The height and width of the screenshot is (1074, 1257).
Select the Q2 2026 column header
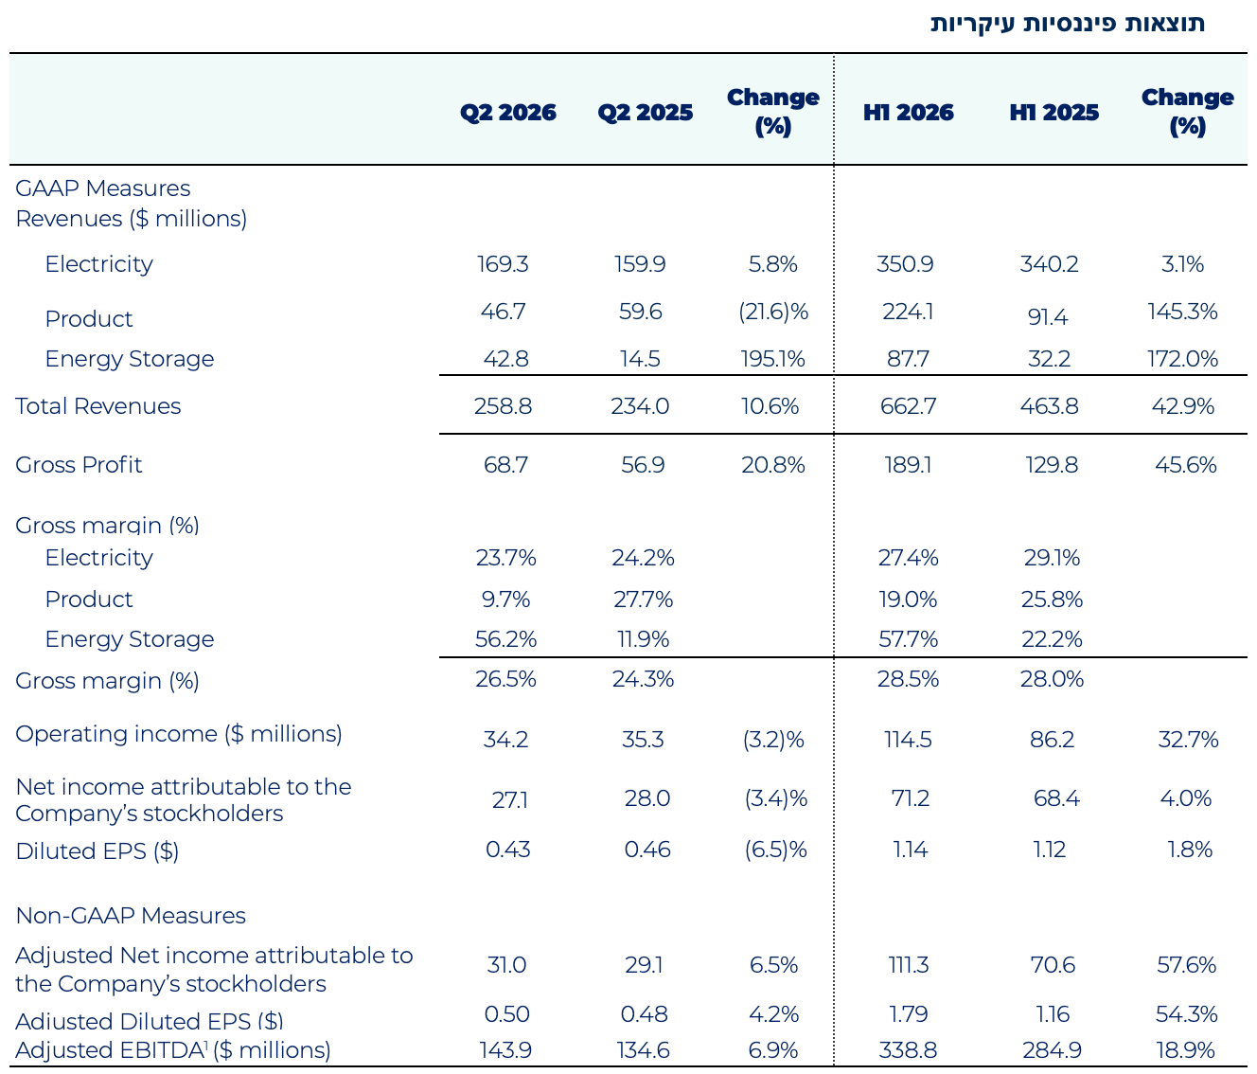507,113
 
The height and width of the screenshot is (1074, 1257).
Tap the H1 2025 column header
1053,113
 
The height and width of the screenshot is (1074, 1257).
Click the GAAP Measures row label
102,188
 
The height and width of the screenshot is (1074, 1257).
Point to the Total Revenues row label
97,406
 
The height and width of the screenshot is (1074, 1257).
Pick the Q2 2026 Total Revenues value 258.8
503,406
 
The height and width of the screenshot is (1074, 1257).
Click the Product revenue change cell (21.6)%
772,312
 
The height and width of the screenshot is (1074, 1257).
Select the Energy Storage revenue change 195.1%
772,358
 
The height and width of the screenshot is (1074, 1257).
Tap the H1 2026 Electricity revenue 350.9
904,264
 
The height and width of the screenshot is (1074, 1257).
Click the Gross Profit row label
79,464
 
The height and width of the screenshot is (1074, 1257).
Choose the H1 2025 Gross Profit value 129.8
1051,464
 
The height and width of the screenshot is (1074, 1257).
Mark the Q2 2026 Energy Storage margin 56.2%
505,639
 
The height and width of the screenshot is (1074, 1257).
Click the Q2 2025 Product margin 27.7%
642,600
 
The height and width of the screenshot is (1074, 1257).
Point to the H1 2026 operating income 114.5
907,740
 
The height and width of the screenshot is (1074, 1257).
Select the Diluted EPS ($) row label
97,850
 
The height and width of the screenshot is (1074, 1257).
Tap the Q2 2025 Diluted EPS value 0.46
646,849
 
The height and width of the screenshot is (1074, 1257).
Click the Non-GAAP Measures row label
130,915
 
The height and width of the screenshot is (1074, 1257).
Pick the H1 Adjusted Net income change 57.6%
1185,964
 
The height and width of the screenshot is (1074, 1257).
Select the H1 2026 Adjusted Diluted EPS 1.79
908,1013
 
